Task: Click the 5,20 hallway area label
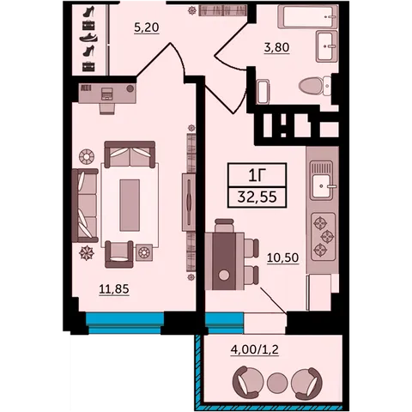(147, 27)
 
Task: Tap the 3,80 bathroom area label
(276, 47)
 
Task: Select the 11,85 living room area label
(114, 289)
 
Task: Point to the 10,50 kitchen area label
(282, 257)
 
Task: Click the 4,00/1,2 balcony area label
(255, 349)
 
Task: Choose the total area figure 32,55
(257, 197)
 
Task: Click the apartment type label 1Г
(257, 175)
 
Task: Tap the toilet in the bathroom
(315, 85)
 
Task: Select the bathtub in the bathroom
(307, 16)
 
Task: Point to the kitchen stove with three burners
(323, 237)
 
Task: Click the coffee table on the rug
(130, 205)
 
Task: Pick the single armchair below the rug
(119, 254)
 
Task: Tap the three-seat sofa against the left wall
(85, 205)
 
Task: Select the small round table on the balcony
(277, 383)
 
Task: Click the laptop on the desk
(107, 94)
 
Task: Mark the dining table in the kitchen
(225, 261)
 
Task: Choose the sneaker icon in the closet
(88, 38)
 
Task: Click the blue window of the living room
(124, 323)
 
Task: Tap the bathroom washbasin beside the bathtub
(327, 46)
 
